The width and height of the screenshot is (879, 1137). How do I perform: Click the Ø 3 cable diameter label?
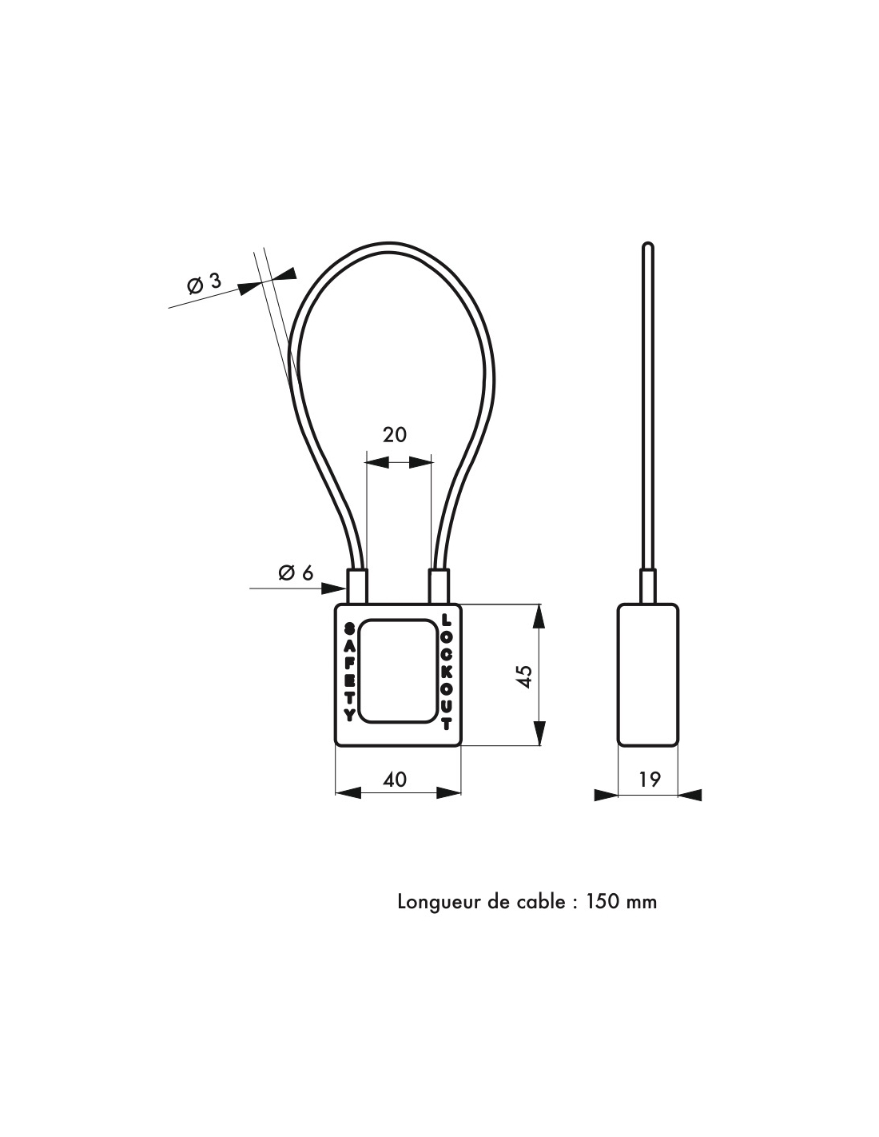click(204, 283)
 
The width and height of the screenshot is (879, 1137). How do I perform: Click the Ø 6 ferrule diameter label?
click(296, 573)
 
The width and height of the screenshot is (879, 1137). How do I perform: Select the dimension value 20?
click(394, 435)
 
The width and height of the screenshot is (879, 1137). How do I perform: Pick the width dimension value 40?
click(394, 779)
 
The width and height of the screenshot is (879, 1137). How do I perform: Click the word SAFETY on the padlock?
click(348, 672)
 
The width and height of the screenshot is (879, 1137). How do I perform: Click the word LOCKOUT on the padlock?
click(446, 672)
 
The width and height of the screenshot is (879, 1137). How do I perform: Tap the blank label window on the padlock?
click(399, 672)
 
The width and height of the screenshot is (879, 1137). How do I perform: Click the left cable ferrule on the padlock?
click(357, 586)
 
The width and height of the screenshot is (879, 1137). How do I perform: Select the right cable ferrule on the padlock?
click(439, 586)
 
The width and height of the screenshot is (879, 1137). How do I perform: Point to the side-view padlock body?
click(647, 675)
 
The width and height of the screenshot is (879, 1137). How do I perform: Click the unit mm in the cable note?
click(641, 904)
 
